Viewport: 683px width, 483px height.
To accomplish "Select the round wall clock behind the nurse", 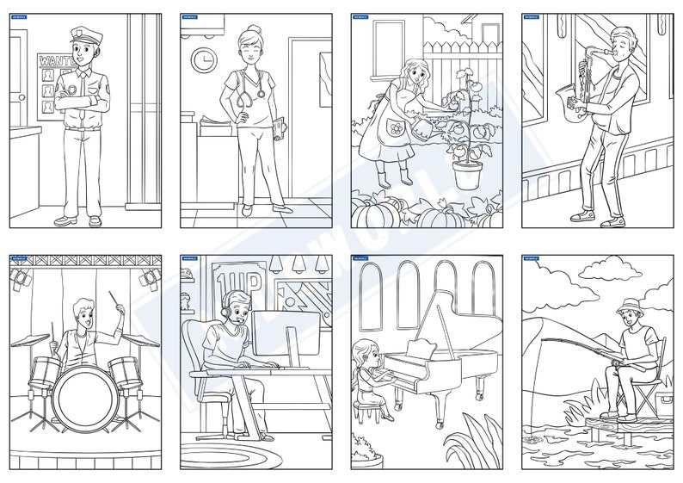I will point(204,59).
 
